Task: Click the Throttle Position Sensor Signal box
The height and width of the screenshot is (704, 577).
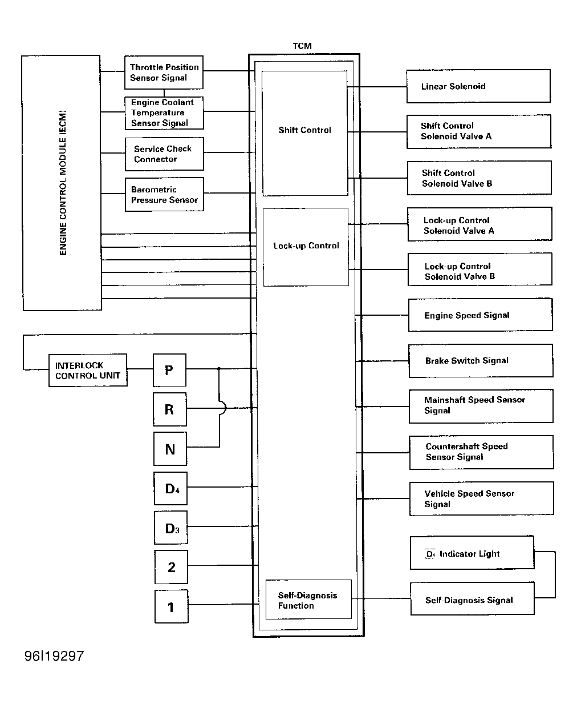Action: point(164,73)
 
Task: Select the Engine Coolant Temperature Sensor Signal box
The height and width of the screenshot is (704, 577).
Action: point(164,113)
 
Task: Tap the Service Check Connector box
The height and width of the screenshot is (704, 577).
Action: point(164,154)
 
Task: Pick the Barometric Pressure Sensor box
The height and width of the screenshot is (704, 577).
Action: point(164,194)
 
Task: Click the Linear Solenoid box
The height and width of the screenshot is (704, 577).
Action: point(478,86)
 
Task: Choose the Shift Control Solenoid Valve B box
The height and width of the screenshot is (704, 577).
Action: point(480,178)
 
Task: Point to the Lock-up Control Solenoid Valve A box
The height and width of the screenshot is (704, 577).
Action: point(480,224)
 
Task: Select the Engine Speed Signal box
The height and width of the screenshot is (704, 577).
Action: point(480,315)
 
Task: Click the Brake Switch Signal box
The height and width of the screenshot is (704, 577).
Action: point(481,361)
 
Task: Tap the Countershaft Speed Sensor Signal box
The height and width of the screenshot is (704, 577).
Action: point(481,452)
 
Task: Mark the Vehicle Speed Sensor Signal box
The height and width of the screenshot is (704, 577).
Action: point(481,498)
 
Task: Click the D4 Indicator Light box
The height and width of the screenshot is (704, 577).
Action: point(472,553)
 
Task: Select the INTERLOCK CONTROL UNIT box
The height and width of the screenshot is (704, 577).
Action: point(88,370)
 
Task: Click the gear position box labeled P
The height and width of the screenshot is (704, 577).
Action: point(169,370)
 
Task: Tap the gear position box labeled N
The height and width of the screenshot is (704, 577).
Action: point(170,449)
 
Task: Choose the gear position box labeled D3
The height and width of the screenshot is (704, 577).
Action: point(170,528)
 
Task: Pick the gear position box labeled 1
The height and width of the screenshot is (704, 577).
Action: point(172,606)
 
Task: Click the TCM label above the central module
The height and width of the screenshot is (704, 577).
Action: point(302,46)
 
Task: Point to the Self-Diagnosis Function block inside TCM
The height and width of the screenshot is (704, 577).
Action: point(308,599)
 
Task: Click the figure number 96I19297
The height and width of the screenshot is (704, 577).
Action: point(54,656)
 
